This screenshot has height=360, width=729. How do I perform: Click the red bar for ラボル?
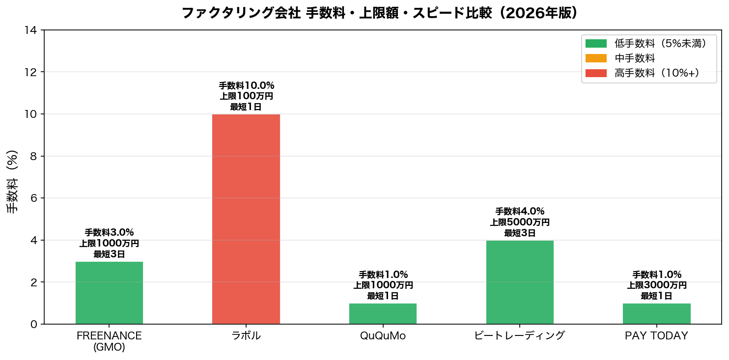(x=246, y=219)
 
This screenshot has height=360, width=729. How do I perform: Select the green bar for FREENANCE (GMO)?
(x=109, y=293)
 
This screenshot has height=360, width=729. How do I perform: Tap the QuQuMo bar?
(x=383, y=314)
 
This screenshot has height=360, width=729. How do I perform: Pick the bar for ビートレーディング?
(x=520, y=282)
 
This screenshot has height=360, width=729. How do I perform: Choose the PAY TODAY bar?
(x=656, y=314)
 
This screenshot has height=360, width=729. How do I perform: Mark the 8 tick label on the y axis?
(x=33, y=156)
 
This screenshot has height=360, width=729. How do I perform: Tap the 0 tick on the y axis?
(x=33, y=324)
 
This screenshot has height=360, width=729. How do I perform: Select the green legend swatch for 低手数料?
(x=596, y=44)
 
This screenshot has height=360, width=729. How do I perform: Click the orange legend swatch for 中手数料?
(x=596, y=58)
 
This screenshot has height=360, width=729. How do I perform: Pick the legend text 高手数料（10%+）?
(x=656, y=73)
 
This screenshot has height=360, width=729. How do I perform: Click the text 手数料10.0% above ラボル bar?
(x=246, y=85)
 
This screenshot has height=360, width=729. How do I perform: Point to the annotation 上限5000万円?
(x=520, y=222)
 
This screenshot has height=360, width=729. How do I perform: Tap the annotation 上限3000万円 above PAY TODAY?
(x=656, y=285)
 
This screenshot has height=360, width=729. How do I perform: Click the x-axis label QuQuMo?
(x=383, y=336)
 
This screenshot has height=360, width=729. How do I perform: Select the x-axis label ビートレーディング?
(x=520, y=336)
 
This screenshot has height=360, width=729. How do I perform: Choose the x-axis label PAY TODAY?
(x=656, y=336)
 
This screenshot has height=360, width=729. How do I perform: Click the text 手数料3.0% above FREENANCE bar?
(x=109, y=232)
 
